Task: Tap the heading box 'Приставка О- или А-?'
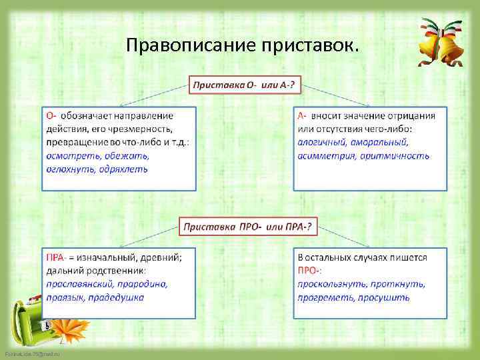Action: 245,86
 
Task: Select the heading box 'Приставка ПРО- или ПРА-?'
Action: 247,227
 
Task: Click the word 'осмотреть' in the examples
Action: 70,156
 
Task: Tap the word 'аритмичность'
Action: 395,156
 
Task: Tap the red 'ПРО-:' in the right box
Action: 310,271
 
